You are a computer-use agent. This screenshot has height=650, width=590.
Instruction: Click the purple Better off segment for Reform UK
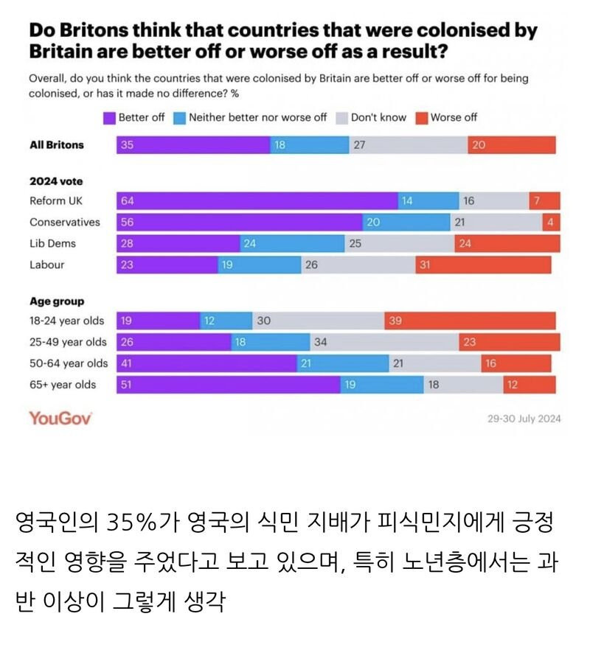(x=257, y=200)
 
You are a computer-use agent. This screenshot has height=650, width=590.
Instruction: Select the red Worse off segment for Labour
(x=482, y=265)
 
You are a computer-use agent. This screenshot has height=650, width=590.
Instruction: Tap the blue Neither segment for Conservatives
(x=406, y=222)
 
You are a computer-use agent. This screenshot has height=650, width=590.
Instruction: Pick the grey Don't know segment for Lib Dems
(x=399, y=243)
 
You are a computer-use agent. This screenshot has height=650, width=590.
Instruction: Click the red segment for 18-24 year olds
(x=470, y=321)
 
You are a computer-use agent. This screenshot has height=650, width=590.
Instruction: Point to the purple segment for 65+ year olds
(x=228, y=384)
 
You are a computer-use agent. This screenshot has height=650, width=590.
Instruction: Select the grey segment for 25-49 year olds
(x=384, y=342)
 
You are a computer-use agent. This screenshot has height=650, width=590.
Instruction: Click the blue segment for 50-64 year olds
(x=342, y=363)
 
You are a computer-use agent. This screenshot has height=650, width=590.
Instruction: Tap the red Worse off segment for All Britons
(x=511, y=145)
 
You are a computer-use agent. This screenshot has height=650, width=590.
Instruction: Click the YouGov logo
(x=60, y=418)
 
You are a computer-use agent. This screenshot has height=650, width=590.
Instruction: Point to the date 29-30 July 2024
(x=524, y=419)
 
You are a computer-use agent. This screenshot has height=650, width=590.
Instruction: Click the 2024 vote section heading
(x=56, y=181)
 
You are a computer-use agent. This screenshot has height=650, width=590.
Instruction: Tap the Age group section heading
(x=57, y=301)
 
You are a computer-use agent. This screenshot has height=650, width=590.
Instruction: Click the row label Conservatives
(x=65, y=222)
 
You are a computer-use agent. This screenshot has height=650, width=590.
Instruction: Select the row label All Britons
(x=57, y=145)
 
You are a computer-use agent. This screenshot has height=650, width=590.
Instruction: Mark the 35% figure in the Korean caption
(x=130, y=525)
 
